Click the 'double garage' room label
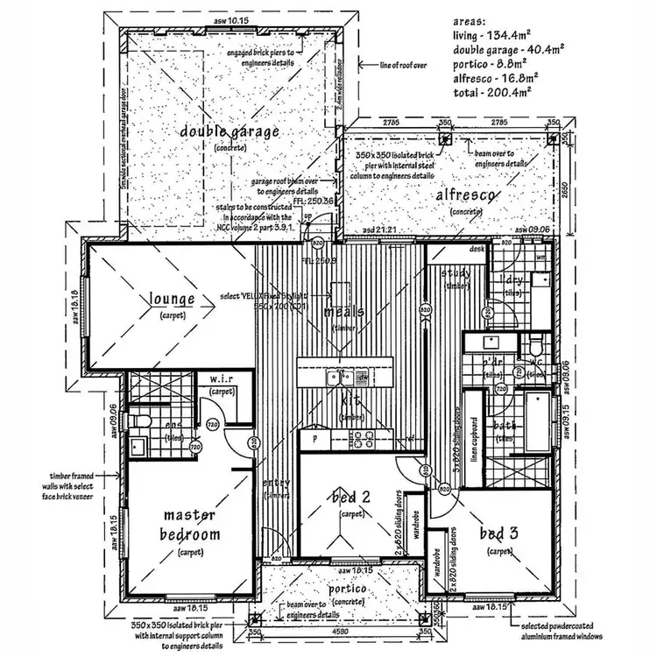click(x=230, y=132)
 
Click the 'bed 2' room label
click(x=350, y=498)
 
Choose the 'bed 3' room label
click(x=500, y=533)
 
